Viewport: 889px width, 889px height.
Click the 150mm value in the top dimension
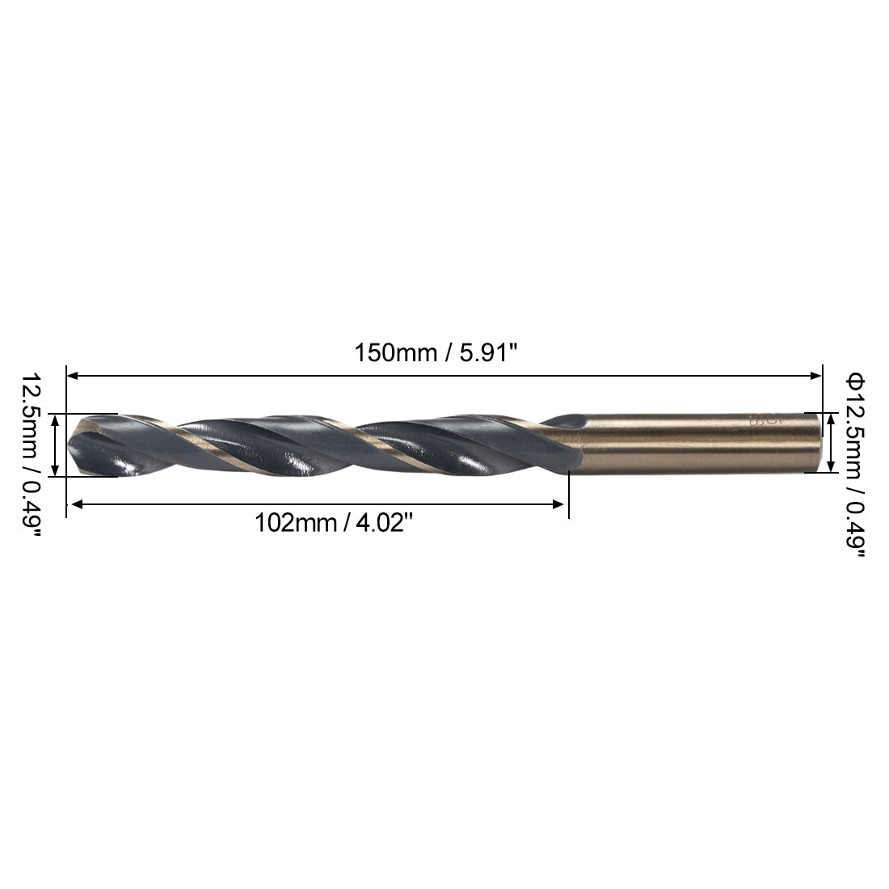(x=393, y=353)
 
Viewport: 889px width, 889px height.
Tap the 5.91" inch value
(x=486, y=353)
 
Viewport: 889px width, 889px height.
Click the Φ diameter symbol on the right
(x=854, y=381)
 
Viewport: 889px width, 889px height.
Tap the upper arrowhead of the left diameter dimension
(x=54, y=419)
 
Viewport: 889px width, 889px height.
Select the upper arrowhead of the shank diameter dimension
(x=832, y=418)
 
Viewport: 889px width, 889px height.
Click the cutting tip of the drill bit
(x=71, y=444)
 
